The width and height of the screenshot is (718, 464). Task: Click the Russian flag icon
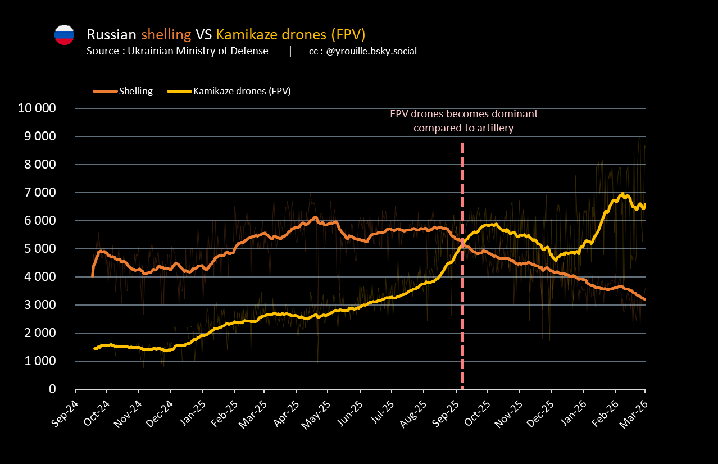pos(64,35)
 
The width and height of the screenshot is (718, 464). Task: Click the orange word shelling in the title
pos(166,34)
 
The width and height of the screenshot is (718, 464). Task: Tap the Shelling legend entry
pos(135,91)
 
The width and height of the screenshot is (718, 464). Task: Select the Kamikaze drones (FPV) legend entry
pos(242,91)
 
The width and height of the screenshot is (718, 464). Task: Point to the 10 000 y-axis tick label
pos(37,108)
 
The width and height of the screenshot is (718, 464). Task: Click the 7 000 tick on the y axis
pos(40,193)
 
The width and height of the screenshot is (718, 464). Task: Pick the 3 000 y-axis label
pos(40,305)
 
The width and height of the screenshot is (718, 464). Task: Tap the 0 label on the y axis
pos(53,389)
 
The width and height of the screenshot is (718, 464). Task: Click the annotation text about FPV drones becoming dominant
pos(464,121)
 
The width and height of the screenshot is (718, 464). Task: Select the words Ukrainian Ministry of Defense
pos(198,52)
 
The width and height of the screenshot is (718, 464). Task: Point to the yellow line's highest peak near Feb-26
pos(622,194)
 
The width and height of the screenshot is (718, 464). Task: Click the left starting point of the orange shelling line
pos(93,275)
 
